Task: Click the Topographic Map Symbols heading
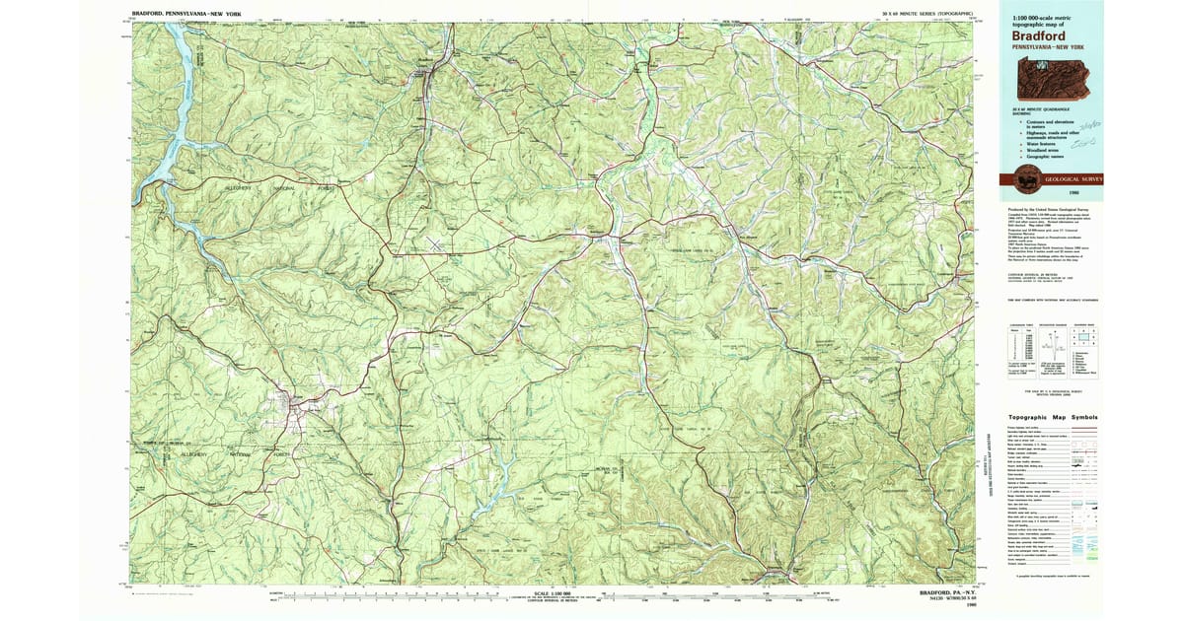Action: (x=1050, y=417)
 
